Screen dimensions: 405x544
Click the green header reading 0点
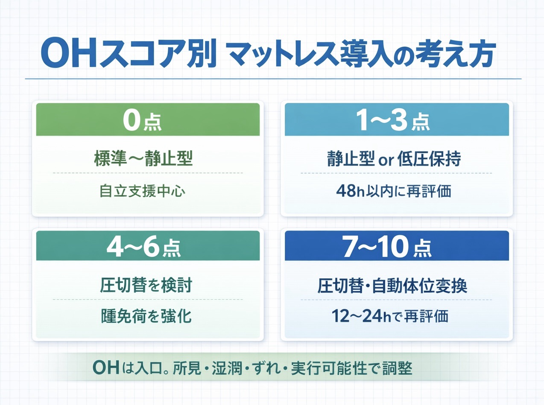pyautogui.click(x=148, y=120)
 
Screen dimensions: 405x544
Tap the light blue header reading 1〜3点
pyautogui.click(x=397, y=120)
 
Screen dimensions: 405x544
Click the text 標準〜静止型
pyautogui.click(x=143, y=159)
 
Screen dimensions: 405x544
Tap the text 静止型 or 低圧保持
pyautogui.click(x=392, y=159)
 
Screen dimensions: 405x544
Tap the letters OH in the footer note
pyautogui.click(x=105, y=368)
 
